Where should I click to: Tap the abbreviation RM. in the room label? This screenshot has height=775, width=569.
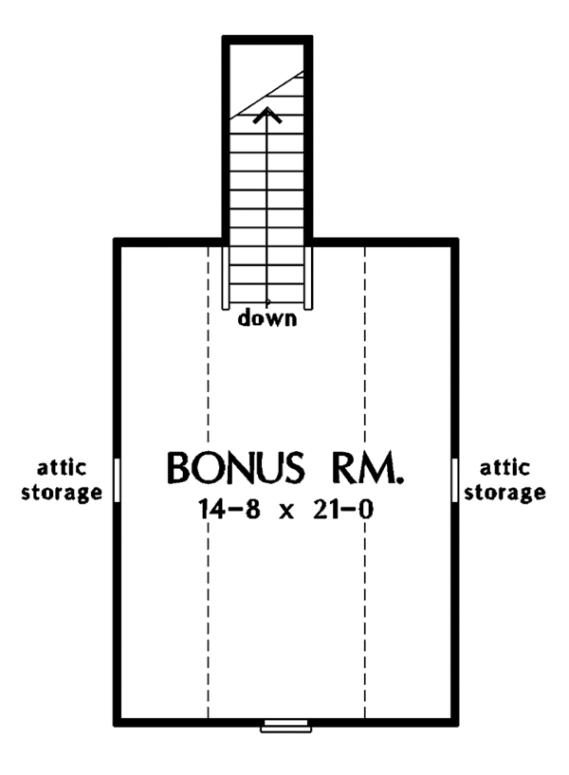(365, 468)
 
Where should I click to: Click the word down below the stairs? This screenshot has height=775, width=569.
(267, 318)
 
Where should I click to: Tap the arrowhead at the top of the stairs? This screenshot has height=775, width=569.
(268, 116)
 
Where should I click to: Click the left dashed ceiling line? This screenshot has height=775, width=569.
(208, 568)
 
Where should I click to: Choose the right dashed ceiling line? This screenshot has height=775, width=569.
(365, 568)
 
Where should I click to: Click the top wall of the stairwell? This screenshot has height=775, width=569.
(267, 40)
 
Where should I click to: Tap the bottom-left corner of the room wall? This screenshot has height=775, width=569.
(118, 722)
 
